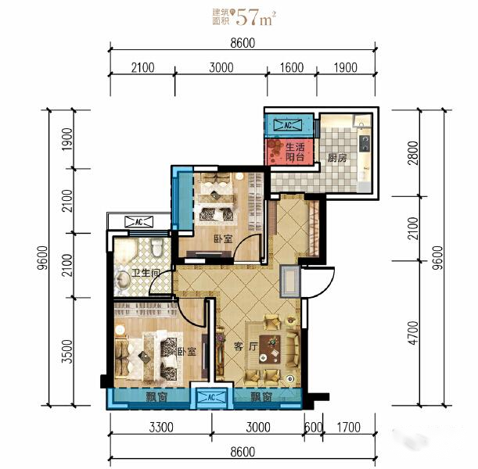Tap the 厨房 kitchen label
(337, 158)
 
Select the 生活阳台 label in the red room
(295, 152)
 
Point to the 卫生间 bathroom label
(146, 273)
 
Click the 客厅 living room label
(246, 346)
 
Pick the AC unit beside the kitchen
(288, 125)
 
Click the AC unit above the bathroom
(138, 222)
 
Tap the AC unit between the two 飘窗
(211, 397)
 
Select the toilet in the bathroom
(157, 248)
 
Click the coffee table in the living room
(270, 349)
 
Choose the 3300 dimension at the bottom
(161, 428)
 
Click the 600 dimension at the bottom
(314, 428)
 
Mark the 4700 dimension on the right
(413, 333)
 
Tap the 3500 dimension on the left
(67, 352)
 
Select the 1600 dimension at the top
(292, 67)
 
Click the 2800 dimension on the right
(413, 153)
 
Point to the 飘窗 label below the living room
(261, 397)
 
